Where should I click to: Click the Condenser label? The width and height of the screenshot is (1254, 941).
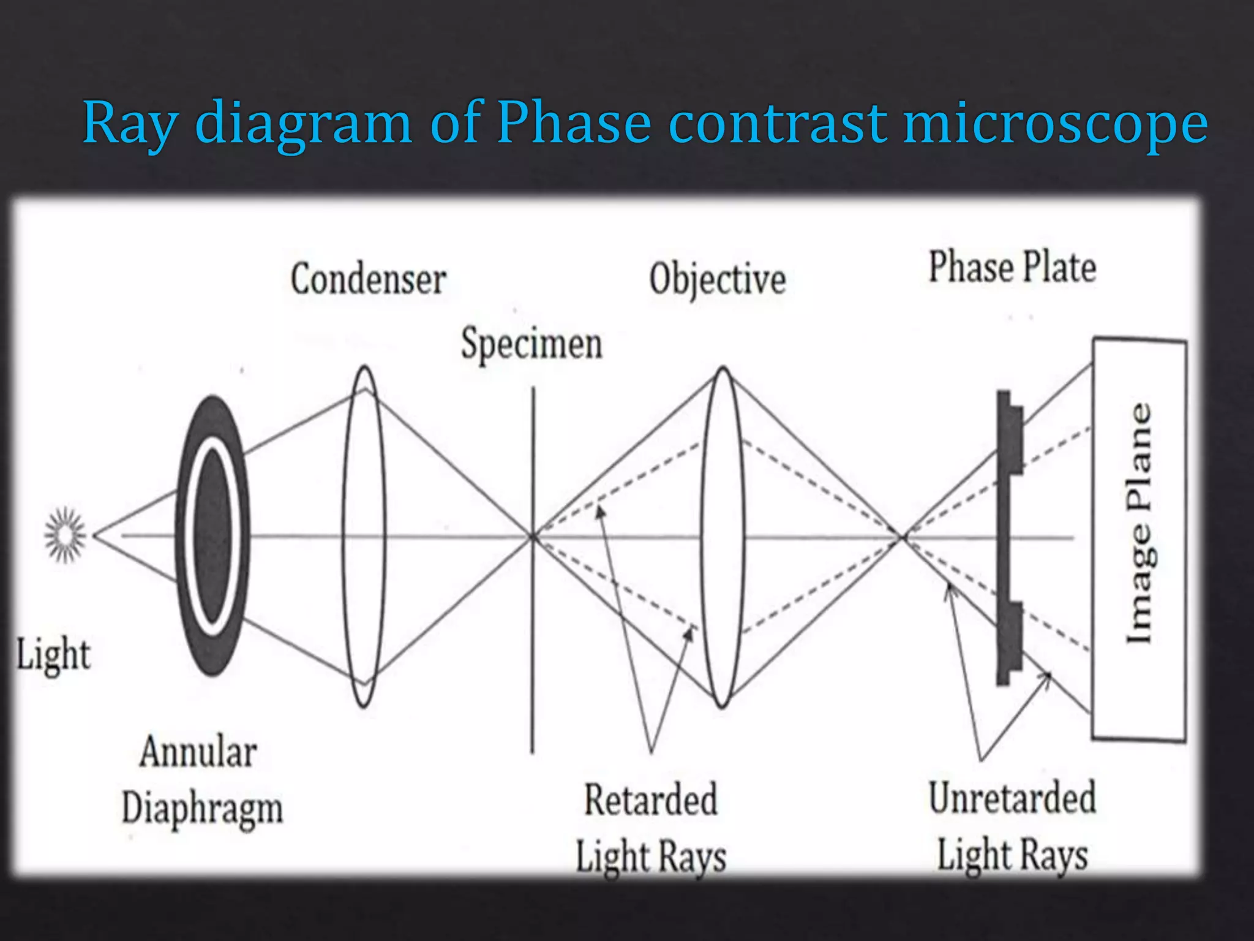tap(368, 279)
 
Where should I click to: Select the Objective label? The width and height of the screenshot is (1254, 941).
tap(718, 279)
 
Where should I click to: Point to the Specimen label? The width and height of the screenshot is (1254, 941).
tap(531, 344)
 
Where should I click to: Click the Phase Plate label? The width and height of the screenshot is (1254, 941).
tap(1012, 267)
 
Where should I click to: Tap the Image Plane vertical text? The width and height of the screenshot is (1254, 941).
tap(1139, 523)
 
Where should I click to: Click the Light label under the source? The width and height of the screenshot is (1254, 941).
tap(53, 654)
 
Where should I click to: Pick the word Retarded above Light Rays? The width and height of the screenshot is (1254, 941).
tap(650, 800)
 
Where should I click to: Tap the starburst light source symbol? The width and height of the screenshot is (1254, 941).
tap(65, 535)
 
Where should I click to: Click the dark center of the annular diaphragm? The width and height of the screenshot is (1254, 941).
tap(212, 534)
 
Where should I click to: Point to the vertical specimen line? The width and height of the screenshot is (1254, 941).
tap(533, 674)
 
